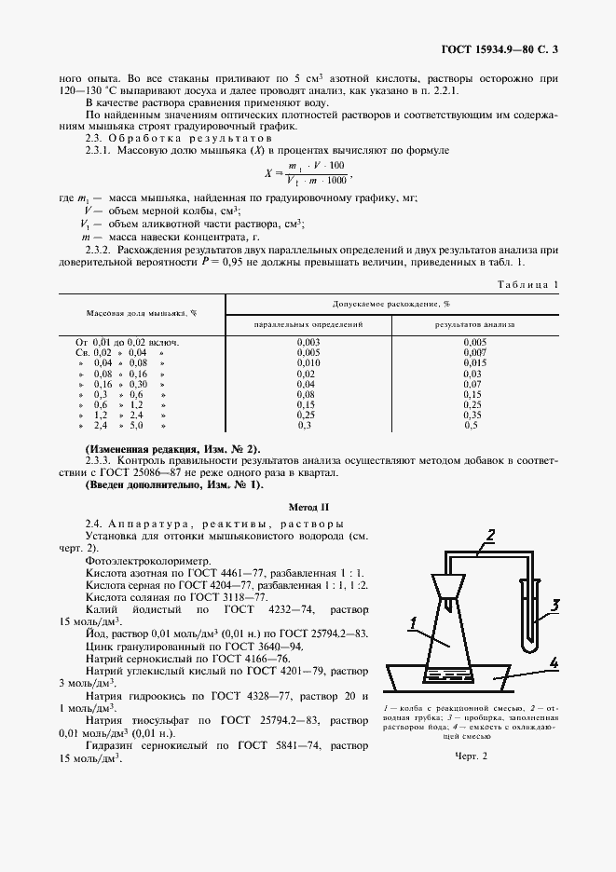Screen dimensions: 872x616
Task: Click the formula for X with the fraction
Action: [308, 172]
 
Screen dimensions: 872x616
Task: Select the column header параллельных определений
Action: [308, 324]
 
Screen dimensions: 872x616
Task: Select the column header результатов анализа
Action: [475, 324]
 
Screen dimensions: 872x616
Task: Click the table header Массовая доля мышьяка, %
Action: [143, 314]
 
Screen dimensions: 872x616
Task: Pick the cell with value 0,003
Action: [308, 342]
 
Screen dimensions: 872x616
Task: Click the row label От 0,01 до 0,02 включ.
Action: [128, 342]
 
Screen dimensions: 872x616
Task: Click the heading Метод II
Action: [308, 507]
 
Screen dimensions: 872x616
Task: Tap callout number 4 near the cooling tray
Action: [554, 663]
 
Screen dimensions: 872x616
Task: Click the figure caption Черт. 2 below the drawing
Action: [472, 756]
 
